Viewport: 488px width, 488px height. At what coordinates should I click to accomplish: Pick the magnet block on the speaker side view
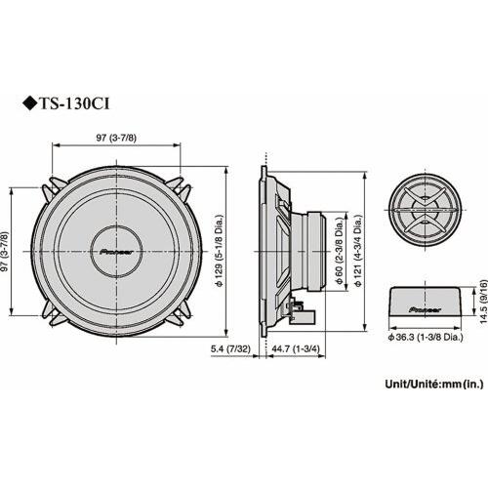coord(315,250)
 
